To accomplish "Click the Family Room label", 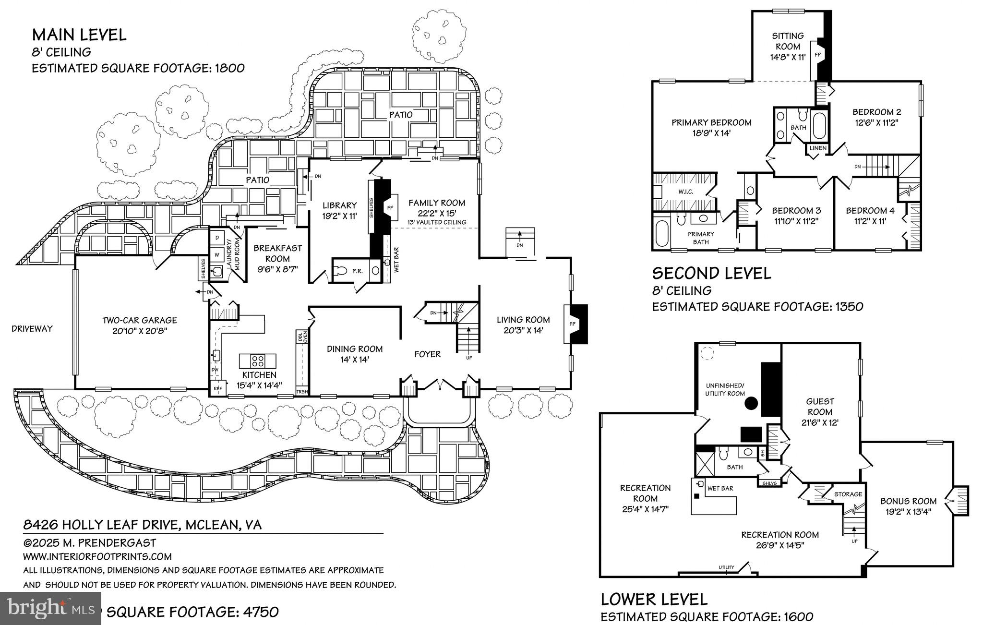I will (x=436, y=203).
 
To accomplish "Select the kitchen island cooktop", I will (x=258, y=360).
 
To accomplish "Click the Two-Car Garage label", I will (x=139, y=320).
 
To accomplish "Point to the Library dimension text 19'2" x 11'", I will (x=339, y=216).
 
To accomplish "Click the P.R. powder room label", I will (x=357, y=271).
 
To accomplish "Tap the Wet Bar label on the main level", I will (x=396, y=260).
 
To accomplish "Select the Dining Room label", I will (x=355, y=349).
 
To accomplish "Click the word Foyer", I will (x=427, y=354).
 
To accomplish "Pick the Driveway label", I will (x=32, y=329).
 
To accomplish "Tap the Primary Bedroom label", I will (x=711, y=122).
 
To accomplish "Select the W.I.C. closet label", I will (x=685, y=192).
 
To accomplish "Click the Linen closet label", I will (x=818, y=148).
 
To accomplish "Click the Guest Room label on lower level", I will (x=820, y=406).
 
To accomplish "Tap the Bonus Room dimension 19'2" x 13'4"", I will (x=908, y=512).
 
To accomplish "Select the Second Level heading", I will (x=711, y=274).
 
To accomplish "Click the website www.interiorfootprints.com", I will (x=97, y=557).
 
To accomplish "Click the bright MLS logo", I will (x=50, y=609).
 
